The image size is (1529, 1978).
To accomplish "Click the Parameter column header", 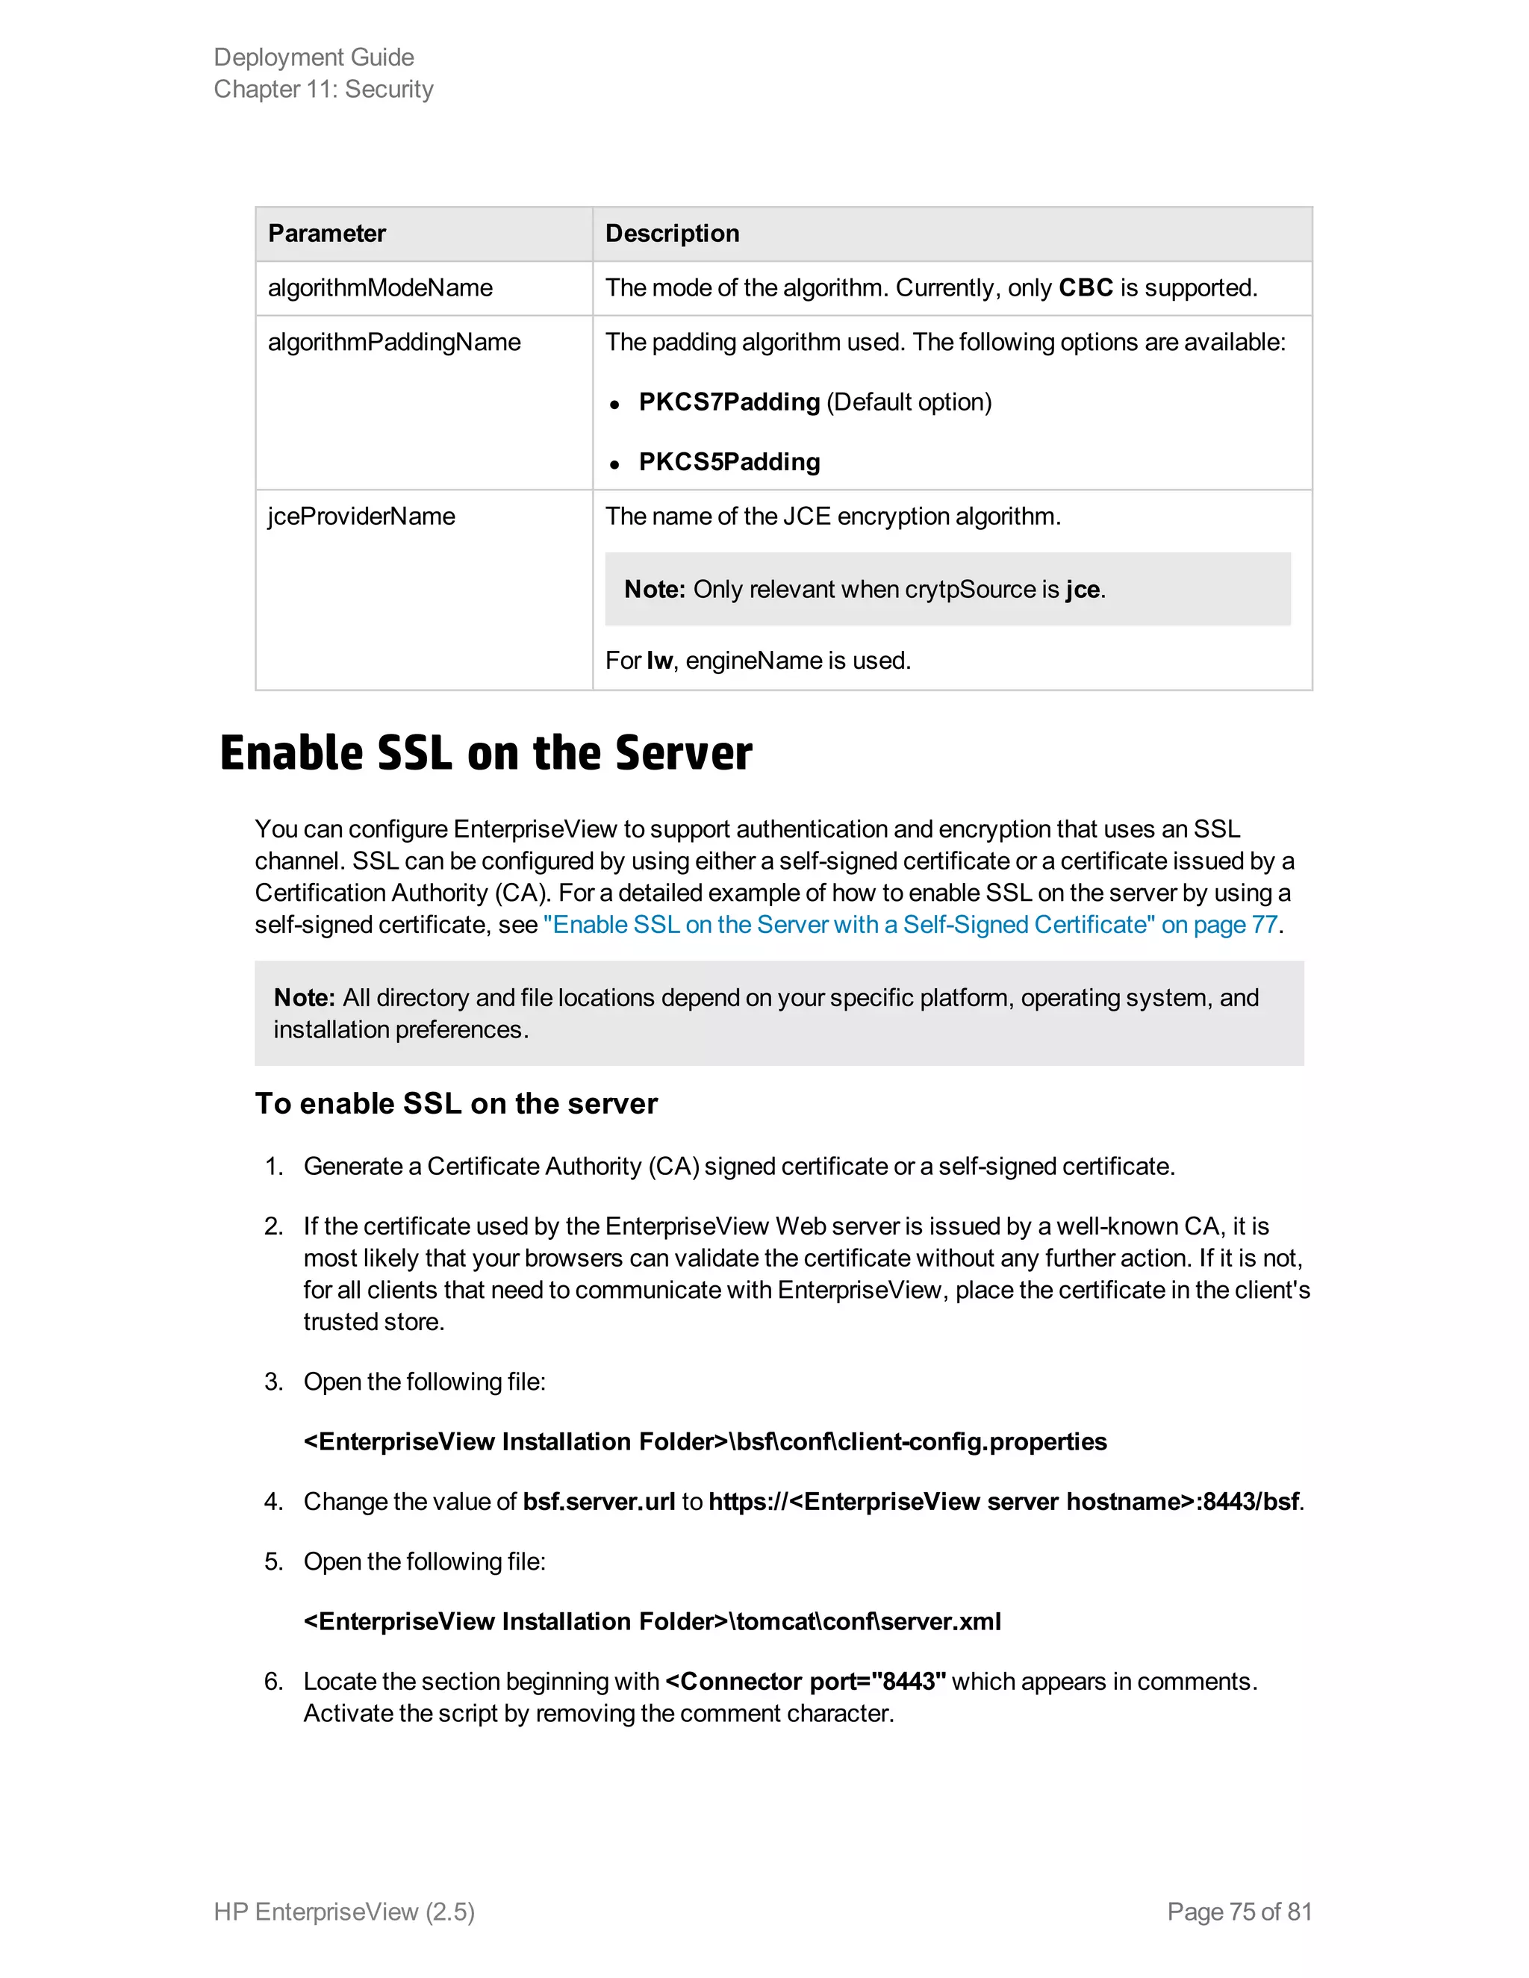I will click(x=327, y=234).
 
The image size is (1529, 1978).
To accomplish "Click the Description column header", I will click(x=672, y=234).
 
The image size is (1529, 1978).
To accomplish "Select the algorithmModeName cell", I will click(x=381, y=288).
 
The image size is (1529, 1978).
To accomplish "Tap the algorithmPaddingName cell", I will click(x=394, y=343).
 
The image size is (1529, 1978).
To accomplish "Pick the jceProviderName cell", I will click(x=361, y=517).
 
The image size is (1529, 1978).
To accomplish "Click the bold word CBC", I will click(x=1085, y=288).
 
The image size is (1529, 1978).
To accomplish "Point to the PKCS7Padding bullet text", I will click(x=729, y=402).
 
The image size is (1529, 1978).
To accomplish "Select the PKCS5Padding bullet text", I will click(x=729, y=462).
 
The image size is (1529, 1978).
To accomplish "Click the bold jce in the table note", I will click(x=1083, y=590).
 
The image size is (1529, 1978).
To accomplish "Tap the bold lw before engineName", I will click(x=658, y=661).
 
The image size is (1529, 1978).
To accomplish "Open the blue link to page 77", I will click(x=909, y=925).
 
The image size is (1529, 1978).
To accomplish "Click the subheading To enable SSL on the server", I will click(x=455, y=1104).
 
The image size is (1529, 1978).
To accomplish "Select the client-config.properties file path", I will click(x=705, y=1442).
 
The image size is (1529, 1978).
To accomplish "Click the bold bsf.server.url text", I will click(x=599, y=1502).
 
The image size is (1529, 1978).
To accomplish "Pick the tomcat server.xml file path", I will click(x=653, y=1621).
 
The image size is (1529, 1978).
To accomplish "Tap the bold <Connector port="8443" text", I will click(x=806, y=1682).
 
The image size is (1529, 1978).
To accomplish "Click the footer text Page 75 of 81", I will click(x=1239, y=1912).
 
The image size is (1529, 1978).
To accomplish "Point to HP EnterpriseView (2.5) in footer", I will click(x=344, y=1912).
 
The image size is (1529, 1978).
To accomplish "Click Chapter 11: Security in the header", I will click(x=323, y=90).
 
